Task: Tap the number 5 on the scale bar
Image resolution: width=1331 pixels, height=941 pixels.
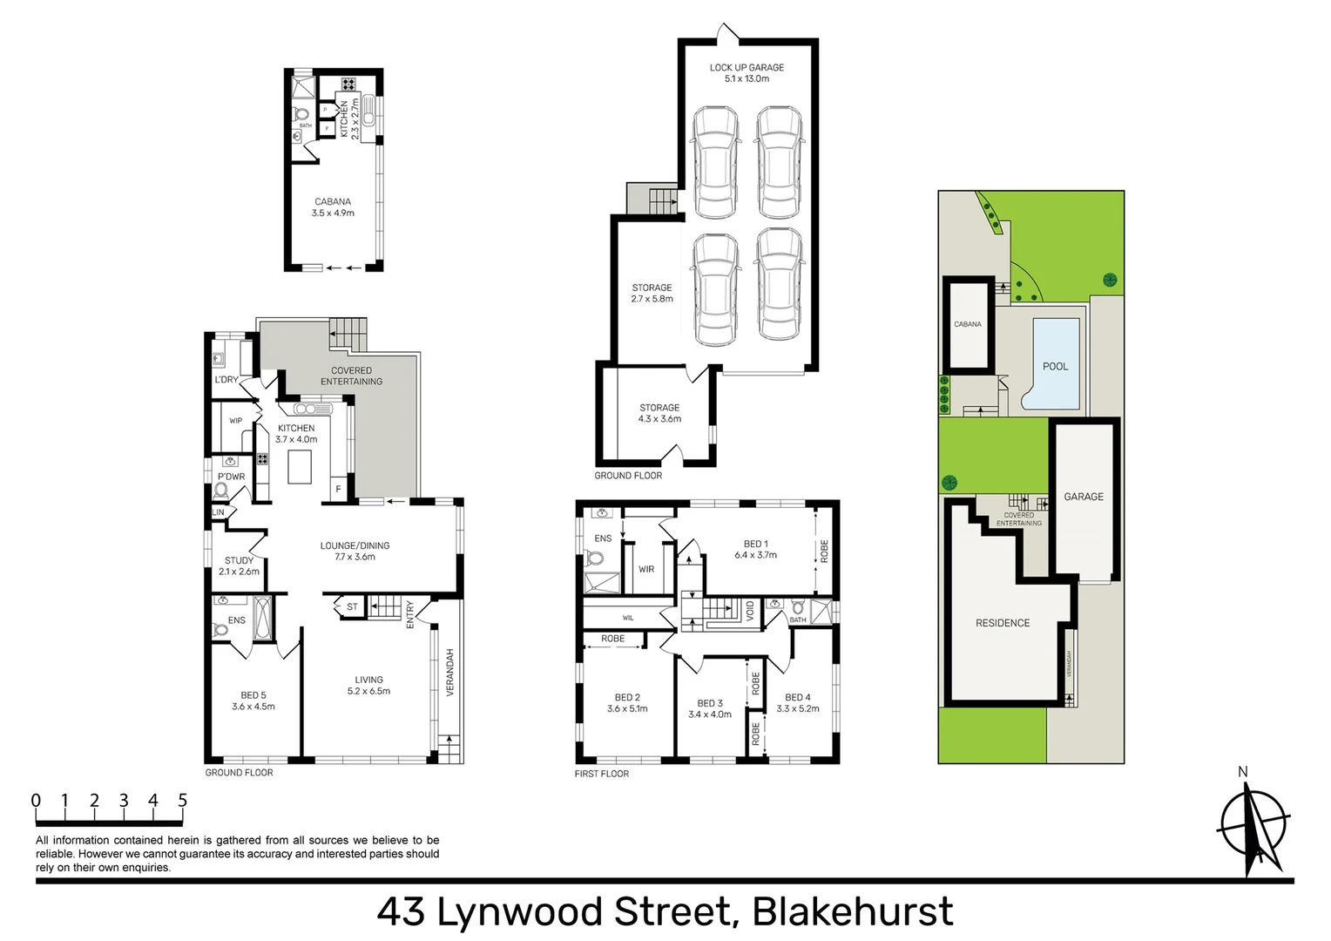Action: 182,800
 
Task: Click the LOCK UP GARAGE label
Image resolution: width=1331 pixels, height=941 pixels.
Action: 747,67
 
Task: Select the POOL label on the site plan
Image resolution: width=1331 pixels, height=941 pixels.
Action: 1055,366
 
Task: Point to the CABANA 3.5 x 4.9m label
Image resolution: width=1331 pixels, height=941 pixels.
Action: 333,207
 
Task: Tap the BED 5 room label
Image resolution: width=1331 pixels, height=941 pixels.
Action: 253,695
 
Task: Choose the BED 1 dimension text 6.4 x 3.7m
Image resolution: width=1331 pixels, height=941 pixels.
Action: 755,555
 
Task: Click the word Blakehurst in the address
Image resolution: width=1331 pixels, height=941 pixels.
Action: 852,912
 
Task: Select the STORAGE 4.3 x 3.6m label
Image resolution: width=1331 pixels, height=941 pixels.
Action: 659,413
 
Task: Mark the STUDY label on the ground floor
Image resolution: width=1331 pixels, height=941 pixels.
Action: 239,560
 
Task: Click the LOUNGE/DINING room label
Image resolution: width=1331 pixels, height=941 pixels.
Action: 355,545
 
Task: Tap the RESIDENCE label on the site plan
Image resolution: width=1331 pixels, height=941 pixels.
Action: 1003,623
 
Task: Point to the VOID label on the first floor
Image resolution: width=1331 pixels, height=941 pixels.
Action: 750,609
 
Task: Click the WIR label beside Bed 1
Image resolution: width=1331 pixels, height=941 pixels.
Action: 646,569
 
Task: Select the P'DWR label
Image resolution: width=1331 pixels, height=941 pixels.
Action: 231,477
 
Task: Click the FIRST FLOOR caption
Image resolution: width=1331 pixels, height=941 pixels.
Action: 601,774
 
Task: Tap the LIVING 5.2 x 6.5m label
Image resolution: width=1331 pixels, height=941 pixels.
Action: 368,685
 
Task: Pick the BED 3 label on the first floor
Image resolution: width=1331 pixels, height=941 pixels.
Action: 710,703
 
